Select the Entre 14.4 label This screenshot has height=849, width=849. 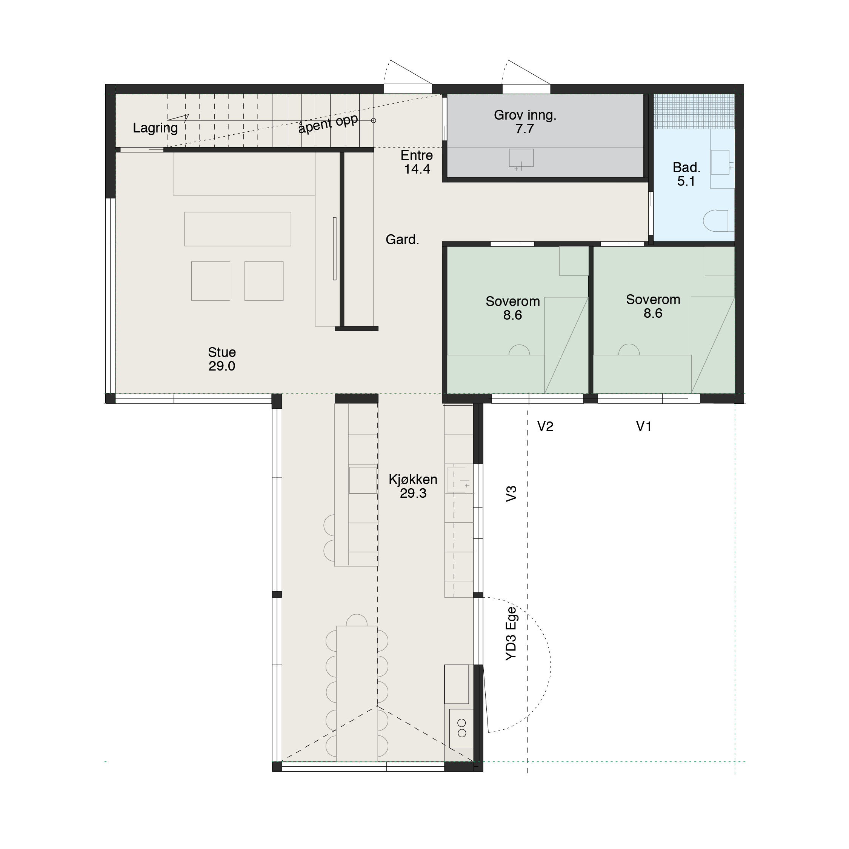417,162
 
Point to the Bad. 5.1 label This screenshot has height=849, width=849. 686,174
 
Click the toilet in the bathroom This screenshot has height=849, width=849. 718,221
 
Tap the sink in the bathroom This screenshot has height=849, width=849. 721,162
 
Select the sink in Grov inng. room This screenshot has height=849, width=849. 521,158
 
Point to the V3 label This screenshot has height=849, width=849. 511,494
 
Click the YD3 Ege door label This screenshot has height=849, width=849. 511,634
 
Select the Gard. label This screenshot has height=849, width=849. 402,240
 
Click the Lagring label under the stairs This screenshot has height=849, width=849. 155,128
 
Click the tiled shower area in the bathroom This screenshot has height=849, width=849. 694,111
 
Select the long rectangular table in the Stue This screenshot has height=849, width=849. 238,229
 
